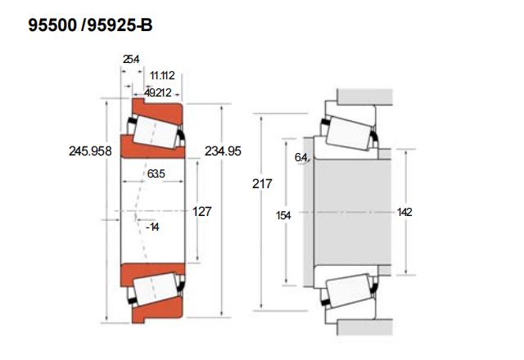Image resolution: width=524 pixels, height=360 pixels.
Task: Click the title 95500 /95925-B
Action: pyautogui.click(x=90, y=25)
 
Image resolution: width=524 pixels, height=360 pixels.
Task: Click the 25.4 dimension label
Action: pyautogui.click(x=131, y=59)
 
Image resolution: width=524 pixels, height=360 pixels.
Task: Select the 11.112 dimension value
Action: pyautogui.click(x=162, y=75)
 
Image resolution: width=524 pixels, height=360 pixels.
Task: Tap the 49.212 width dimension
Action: pyautogui.click(x=158, y=92)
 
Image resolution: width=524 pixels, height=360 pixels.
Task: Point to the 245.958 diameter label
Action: pyautogui.click(x=90, y=151)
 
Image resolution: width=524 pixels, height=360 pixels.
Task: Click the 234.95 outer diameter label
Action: pyautogui.click(x=223, y=151)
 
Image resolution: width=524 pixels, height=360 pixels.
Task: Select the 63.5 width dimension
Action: pyautogui.click(x=156, y=173)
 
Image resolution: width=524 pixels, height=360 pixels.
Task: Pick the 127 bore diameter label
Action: pyautogui.click(x=202, y=211)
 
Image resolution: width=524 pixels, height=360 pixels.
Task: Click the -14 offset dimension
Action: pyautogui.click(x=152, y=227)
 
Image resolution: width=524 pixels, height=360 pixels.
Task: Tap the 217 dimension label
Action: pyautogui.click(x=262, y=183)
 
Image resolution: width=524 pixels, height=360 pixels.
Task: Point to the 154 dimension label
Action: pyautogui.click(x=283, y=215)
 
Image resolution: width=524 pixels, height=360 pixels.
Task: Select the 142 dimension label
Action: pyautogui.click(x=404, y=212)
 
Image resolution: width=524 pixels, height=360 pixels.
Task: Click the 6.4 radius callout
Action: pyautogui.click(x=300, y=157)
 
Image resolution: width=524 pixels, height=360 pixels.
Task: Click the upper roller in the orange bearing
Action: pyautogui.click(x=156, y=133)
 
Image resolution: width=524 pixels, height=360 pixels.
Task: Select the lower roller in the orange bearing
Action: pyautogui.click(x=156, y=289)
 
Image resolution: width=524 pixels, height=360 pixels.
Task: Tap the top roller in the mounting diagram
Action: pyautogui.click(x=349, y=133)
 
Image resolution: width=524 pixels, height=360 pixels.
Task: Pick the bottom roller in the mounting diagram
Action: pyautogui.click(x=349, y=290)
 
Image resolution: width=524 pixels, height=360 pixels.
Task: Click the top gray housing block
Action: pyautogui.click(x=364, y=97)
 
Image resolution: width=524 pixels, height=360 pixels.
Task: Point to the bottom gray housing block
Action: pyautogui.click(x=364, y=327)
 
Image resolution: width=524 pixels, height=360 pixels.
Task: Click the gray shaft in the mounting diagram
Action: pyautogui.click(x=353, y=212)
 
